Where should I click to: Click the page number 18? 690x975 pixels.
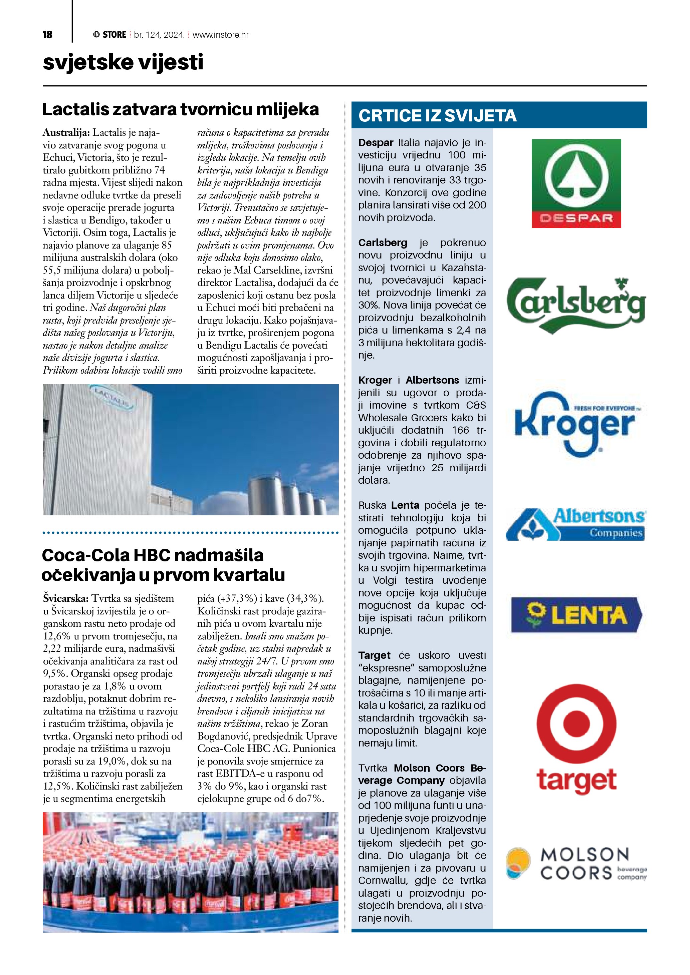tap(47, 35)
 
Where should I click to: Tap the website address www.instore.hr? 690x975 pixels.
tap(221, 35)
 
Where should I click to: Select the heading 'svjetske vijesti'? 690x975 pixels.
tap(123, 62)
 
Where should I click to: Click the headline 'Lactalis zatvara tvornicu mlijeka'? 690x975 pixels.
tap(180, 109)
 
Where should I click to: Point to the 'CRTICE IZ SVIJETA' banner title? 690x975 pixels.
tap(437, 115)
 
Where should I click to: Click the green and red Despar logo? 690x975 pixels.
tap(576, 183)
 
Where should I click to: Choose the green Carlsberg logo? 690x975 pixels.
tap(576, 305)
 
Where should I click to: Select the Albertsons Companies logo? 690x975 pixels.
tap(576, 524)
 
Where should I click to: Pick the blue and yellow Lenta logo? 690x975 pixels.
tap(576, 615)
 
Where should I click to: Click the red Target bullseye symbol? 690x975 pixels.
tap(576, 723)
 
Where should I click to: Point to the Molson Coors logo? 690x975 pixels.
tap(576, 864)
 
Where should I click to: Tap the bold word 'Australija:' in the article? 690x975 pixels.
tap(66, 132)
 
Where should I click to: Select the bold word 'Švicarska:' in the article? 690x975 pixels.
tap(66, 598)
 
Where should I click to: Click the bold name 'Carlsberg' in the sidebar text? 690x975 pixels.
tap(383, 243)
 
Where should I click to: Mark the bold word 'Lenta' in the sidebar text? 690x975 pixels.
tap(405, 505)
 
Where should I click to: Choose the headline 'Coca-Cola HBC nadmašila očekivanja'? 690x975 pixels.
tap(163, 565)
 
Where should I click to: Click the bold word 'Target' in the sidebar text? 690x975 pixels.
tap(374, 655)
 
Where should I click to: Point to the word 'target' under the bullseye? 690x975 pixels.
tap(576, 780)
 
